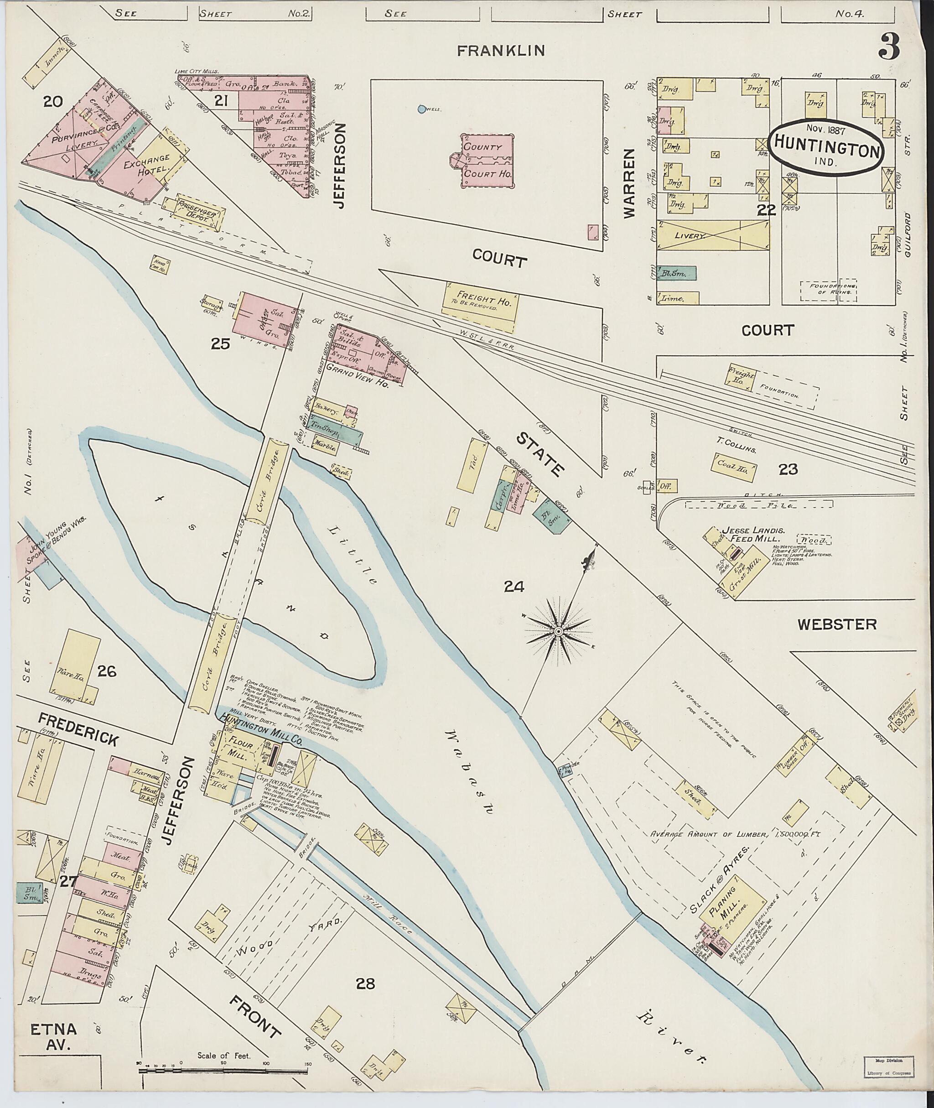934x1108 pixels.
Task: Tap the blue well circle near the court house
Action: pyautogui.click(x=421, y=109)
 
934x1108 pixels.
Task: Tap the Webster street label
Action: pyautogui.click(x=837, y=625)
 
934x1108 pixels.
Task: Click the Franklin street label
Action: pyautogui.click(x=500, y=51)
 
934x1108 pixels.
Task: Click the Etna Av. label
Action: pyautogui.click(x=53, y=1036)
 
